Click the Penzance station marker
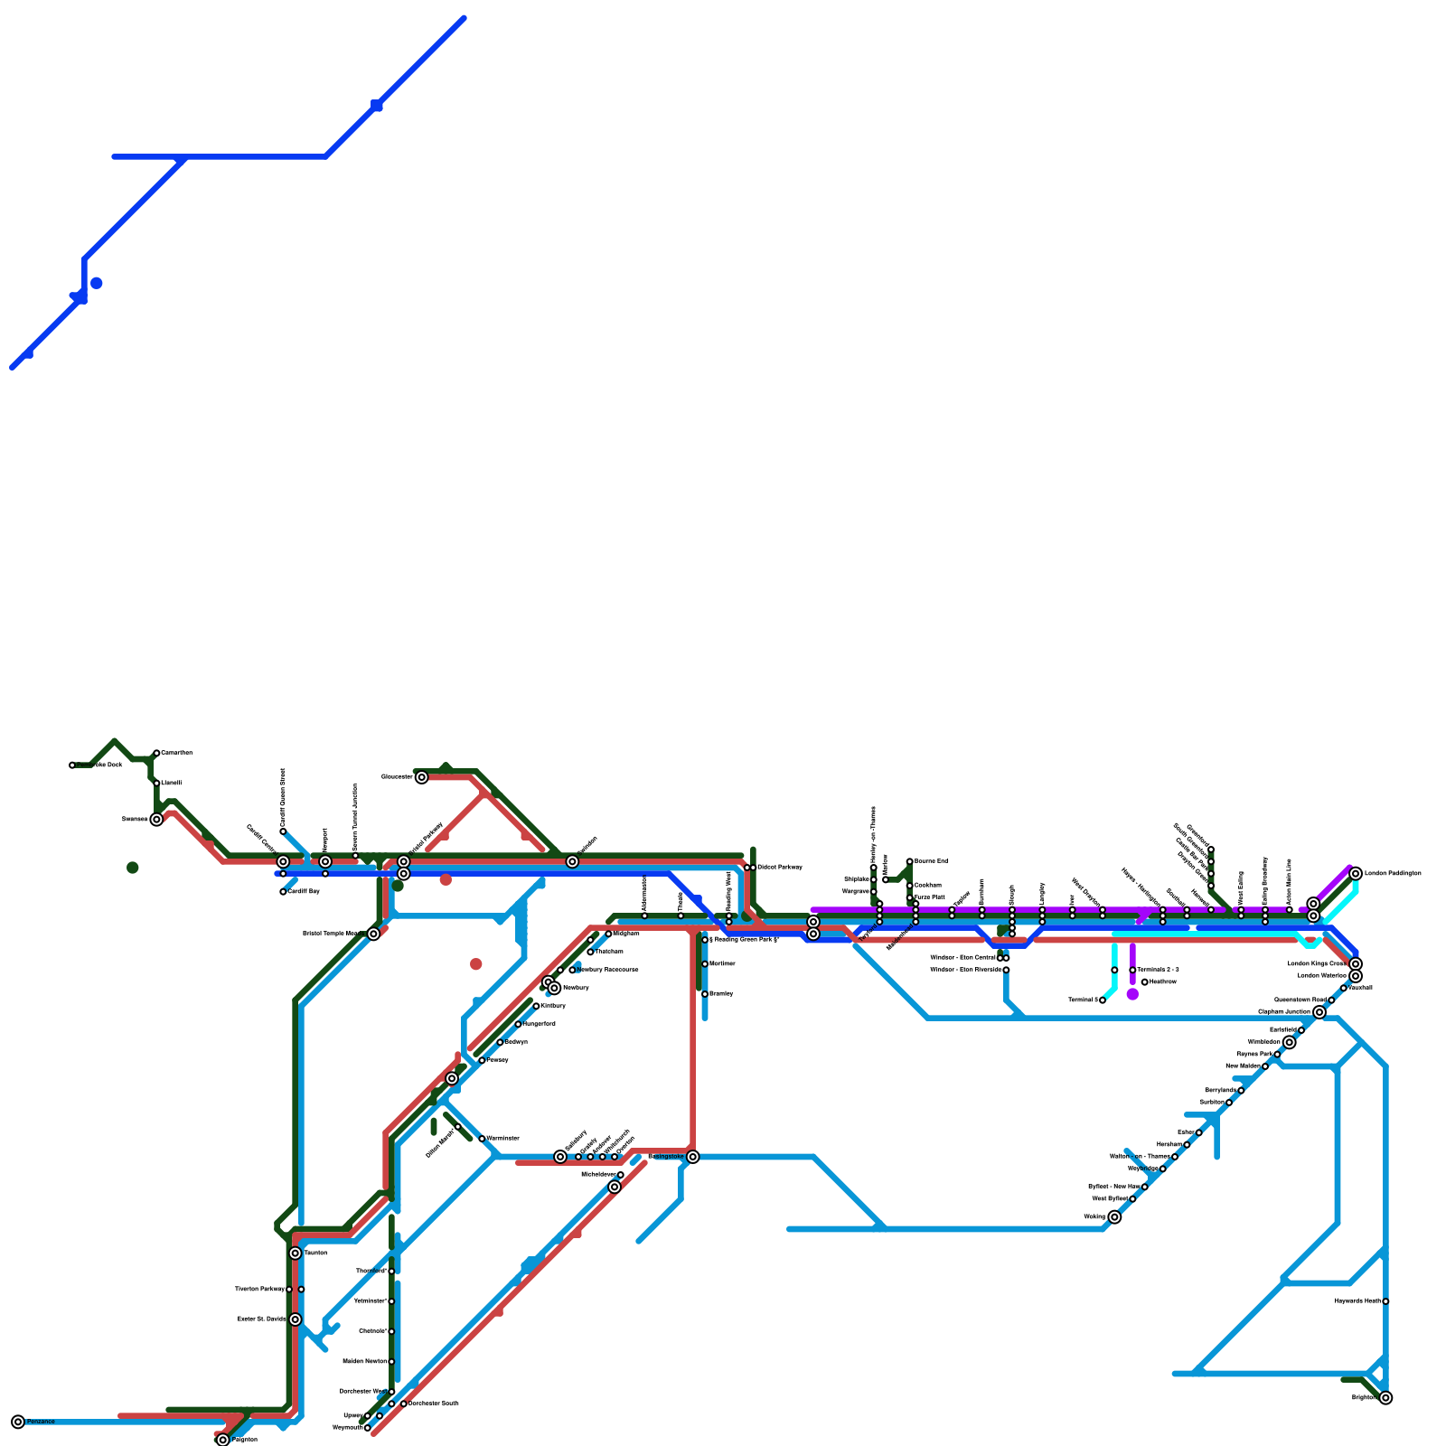coord(18,1422)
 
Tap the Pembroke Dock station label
coord(99,765)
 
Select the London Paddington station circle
coord(1356,873)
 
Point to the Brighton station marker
coord(1385,1398)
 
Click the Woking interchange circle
coord(1114,1217)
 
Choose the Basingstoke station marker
coord(693,1157)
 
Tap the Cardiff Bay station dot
coord(283,892)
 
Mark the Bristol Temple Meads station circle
coord(373,934)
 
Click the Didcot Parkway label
coord(779,868)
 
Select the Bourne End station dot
coord(910,861)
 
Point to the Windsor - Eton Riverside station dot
coord(1006,970)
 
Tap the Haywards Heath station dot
coord(1385,1301)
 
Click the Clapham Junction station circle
coord(1319,1012)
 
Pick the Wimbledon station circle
coord(1290,1042)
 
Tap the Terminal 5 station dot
coord(1103,1000)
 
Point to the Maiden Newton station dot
coord(391,1362)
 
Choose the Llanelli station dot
coord(156,784)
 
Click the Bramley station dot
coord(705,994)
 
